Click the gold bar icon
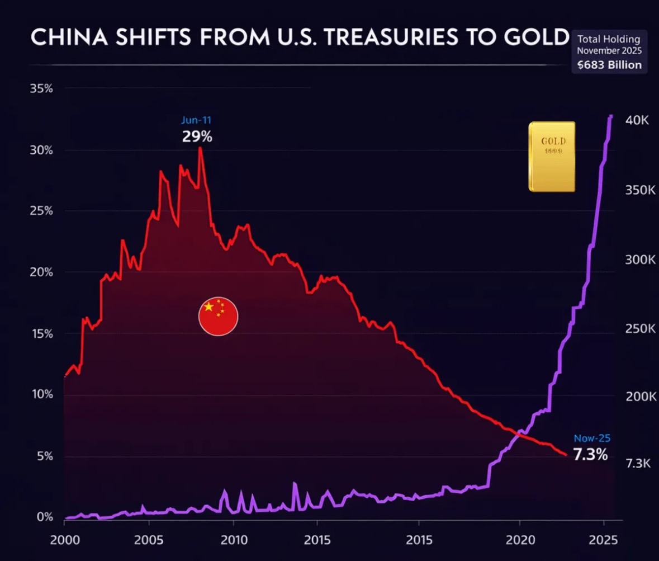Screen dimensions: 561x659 [x=552, y=157]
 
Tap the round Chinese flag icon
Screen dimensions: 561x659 [x=218, y=316]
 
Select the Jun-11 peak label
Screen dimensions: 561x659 [x=196, y=120]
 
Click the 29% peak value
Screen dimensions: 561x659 [x=197, y=136]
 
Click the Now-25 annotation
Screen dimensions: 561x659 [x=592, y=439]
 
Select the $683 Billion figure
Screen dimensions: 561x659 [x=610, y=64]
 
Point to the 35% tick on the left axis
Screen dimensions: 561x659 [x=42, y=89]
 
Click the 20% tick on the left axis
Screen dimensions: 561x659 [x=42, y=272]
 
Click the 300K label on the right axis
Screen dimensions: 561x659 [x=638, y=260]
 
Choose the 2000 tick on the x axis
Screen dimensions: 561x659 [x=64, y=541]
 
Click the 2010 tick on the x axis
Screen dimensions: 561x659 [x=233, y=541]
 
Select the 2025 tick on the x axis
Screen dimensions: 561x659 [x=604, y=541]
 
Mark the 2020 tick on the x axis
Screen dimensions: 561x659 [x=519, y=541]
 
